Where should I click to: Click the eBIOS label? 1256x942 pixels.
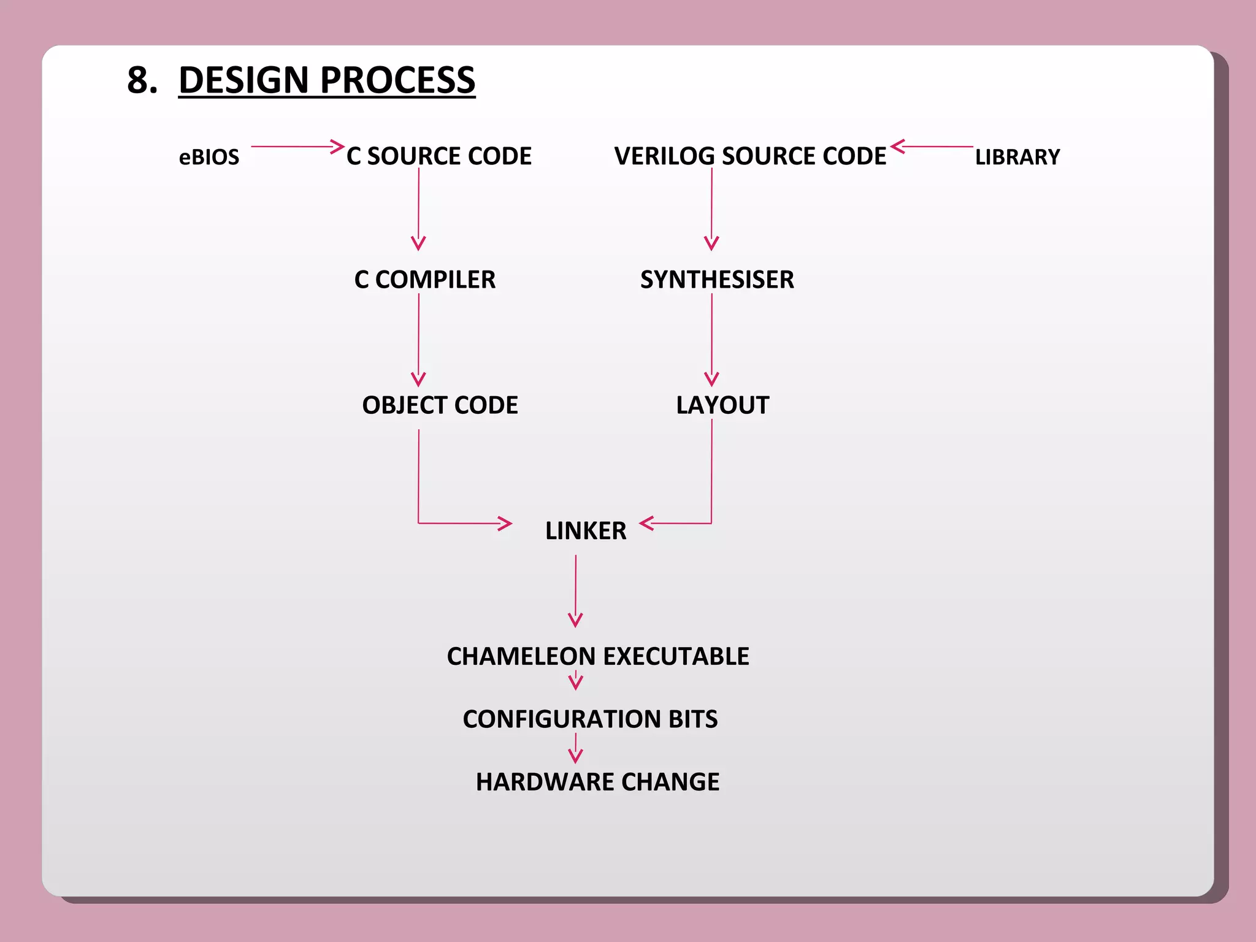pyautogui.click(x=209, y=157)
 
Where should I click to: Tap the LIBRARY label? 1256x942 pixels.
pyautogui.click(x=1017, y=157)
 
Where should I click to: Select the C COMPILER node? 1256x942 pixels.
pyautogui.click(x=424, y=280)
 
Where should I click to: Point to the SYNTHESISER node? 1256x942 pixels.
pyautogui.click(x=717, y=280)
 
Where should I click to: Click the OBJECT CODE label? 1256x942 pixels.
pyautogui.click(x=440, y=405)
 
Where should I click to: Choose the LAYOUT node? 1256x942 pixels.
pyautogui.click(x=722, y=405)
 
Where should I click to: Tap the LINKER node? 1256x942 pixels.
pyautogui.click(x=586, y=531)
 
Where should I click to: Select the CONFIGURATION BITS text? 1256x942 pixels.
pyautogui.click(x=590, y=719)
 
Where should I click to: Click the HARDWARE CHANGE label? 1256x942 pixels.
pyautogui.click(x=597, y=782)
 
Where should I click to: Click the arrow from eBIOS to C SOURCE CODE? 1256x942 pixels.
pyautogui.click(x=297, y=147)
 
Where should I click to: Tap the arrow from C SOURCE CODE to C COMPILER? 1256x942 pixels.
pyautogui.click(x=419, y=209)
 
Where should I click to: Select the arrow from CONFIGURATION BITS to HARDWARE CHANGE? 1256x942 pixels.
pyautogui.click(x=575, y=749)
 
